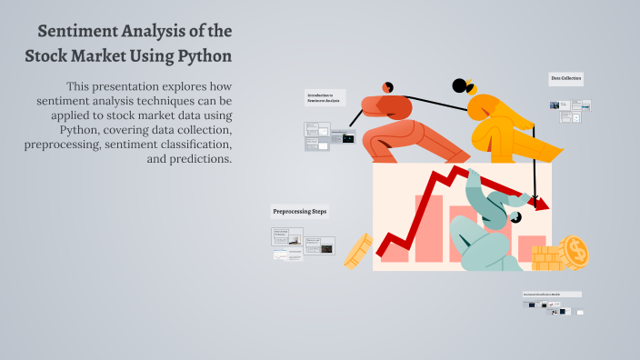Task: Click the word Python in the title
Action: (204, 55)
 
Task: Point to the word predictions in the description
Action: (199, 159)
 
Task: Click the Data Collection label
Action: (566, 79)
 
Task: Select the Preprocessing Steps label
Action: (300, 212)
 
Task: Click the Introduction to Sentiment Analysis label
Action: (324, 97)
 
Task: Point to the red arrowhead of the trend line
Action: (541, 204)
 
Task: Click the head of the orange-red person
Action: (388, 86)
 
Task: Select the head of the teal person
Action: (515, 217)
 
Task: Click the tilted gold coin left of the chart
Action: (359, 249)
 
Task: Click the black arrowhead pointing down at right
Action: (536, 195)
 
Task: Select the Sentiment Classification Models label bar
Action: (552, 295)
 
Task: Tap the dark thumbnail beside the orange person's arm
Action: (347, 139)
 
